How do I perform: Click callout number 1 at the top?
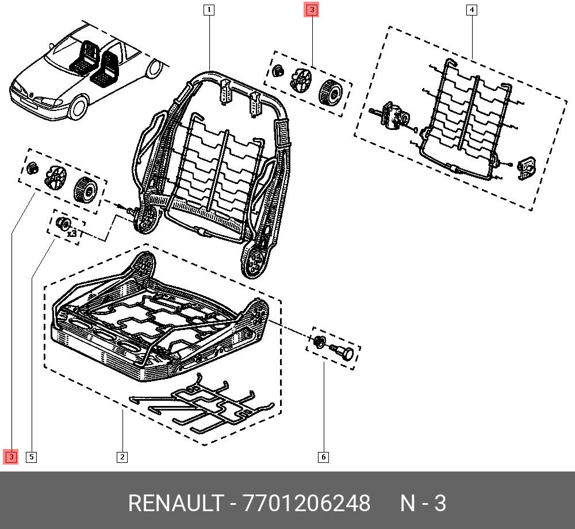pos(209,9)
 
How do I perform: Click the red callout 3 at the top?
pos(311,10)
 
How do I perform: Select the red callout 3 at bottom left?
pos(11,457)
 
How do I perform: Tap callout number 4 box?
pos(471,9)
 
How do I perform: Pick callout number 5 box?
pos(32,457)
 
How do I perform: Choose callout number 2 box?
pos(122,457)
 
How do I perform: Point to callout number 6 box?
pos(323,457)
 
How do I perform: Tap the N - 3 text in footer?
pos(423,504)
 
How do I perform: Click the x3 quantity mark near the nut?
pos(72,234)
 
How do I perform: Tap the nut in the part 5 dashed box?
pos(64,224)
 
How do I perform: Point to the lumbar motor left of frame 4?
pos(393,115)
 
